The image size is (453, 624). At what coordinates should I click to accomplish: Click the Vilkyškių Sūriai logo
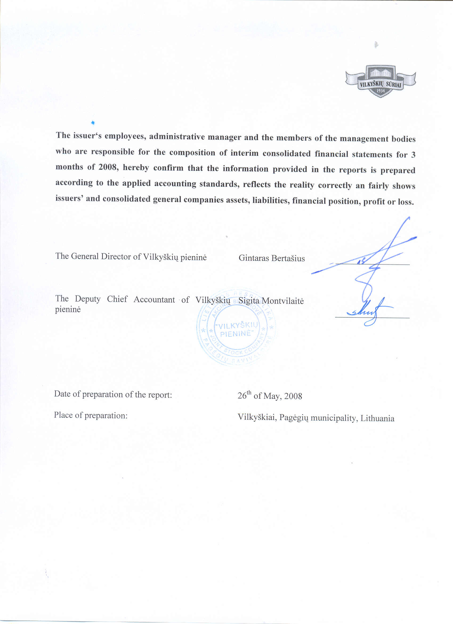tap(381, 81)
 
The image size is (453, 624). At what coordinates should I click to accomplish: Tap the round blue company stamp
tap(236, 327)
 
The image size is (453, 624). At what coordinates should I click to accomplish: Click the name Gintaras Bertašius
tap(272, 258)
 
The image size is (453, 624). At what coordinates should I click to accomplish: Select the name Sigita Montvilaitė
tap(271, 301)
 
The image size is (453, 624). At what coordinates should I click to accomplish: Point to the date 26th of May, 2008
tap(270, 396)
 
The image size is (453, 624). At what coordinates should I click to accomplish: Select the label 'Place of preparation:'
tap(91, 415)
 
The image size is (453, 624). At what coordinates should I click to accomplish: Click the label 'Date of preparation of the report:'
tap(113, 394)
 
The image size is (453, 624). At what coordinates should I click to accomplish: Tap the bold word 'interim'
tap(244, 153)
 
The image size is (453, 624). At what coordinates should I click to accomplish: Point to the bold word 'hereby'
tap(136, 167)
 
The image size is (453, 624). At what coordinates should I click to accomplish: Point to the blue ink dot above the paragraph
tap(93, 122)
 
